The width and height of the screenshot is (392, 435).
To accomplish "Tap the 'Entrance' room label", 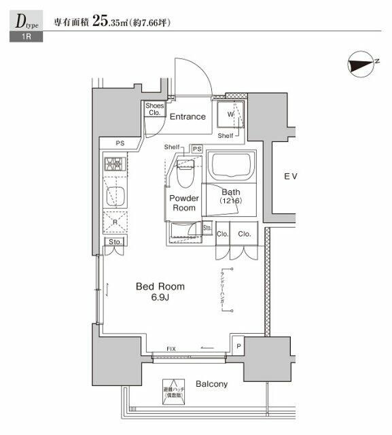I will pos(188,116).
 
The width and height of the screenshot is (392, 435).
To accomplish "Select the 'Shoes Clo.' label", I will pos(154,109).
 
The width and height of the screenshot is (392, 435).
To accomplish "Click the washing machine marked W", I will pos(230,115).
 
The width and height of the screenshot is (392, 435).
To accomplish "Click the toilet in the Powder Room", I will pos(185,175).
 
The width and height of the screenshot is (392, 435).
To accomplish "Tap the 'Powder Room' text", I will pos(184,203).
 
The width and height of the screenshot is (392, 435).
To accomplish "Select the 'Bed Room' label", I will pos(160,287).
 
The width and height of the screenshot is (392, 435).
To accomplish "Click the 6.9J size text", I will pos(160,298).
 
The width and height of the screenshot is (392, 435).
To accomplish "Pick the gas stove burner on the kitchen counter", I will pos(112,164).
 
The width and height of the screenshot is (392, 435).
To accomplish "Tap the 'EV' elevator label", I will pos(291,177).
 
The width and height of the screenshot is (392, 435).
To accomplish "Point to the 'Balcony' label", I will pos(211,384).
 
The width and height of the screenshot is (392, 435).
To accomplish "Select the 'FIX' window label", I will pos(171,349).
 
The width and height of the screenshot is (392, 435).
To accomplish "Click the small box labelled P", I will pos(238,345).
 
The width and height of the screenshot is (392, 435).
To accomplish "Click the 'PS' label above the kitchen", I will pos(119,143).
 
